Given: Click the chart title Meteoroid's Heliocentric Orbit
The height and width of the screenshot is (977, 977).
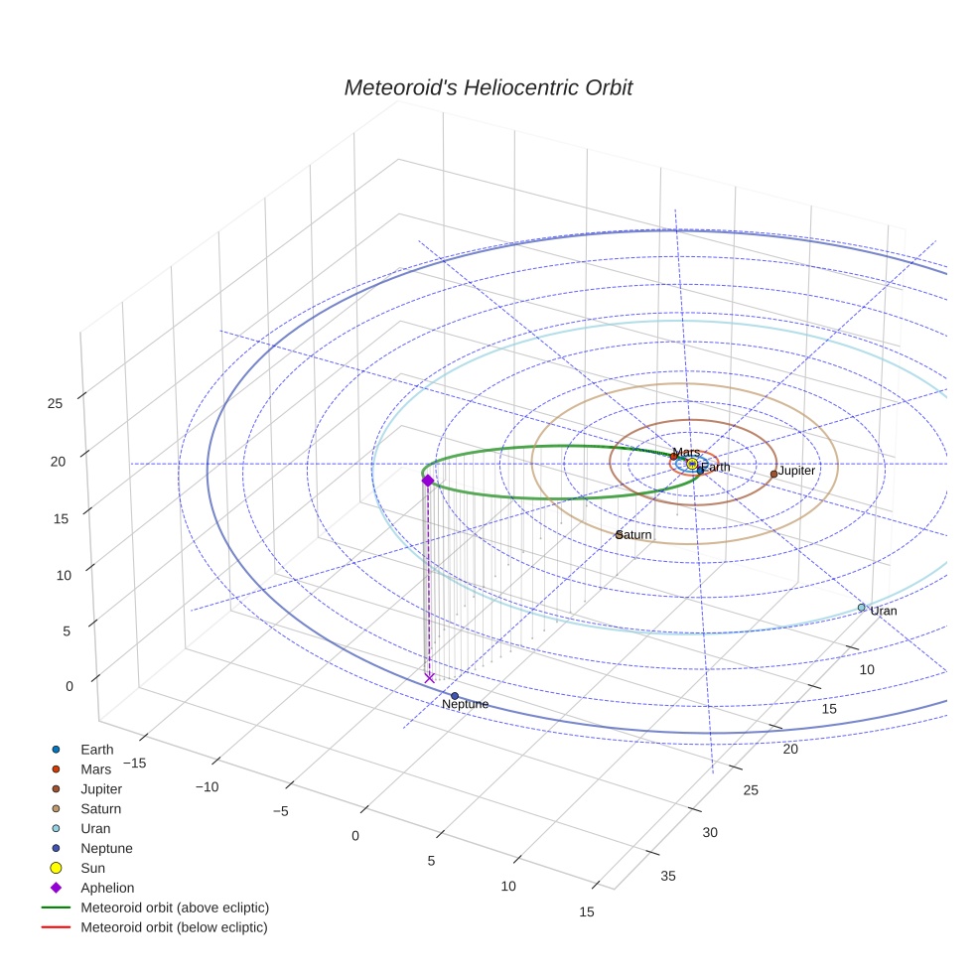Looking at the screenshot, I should coord(488,88).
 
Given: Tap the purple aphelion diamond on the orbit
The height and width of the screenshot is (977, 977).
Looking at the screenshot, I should coord(428,481).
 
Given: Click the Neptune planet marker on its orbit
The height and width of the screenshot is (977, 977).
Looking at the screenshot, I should coord(455,696).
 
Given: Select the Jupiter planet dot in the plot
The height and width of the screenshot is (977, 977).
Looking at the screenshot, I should coord(773,474).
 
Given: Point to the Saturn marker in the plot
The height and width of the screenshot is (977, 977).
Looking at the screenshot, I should coord(619,534).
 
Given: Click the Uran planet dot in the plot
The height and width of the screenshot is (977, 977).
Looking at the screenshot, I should coord(862,608).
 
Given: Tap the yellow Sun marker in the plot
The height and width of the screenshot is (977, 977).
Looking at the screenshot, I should coord(692,464).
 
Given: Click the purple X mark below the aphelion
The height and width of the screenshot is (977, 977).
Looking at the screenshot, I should coord(429,677).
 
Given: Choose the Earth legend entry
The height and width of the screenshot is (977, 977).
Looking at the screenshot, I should coord(96,750).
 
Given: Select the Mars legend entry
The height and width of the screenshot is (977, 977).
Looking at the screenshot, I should coord(95,769).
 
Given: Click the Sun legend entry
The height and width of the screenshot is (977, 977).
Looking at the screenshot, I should coord(92,868).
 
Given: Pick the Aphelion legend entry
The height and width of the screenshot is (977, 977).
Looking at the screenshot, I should coord(107,888).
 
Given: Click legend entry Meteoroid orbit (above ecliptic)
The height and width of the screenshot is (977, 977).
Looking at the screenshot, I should coord(175,907).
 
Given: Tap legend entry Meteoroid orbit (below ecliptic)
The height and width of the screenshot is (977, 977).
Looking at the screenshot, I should coord(174,927).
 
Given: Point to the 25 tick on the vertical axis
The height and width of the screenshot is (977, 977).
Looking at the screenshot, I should coord(55,402).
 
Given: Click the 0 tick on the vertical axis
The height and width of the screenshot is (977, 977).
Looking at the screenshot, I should coord(69,686).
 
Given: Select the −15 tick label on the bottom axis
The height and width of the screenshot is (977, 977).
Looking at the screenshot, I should coord(132,762).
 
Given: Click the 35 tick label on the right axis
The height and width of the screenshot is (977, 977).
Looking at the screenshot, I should coord(667,875).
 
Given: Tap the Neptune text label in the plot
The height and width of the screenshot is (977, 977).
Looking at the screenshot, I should coord(465,704).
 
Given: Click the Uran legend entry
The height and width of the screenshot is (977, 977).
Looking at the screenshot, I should coord(95,828).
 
